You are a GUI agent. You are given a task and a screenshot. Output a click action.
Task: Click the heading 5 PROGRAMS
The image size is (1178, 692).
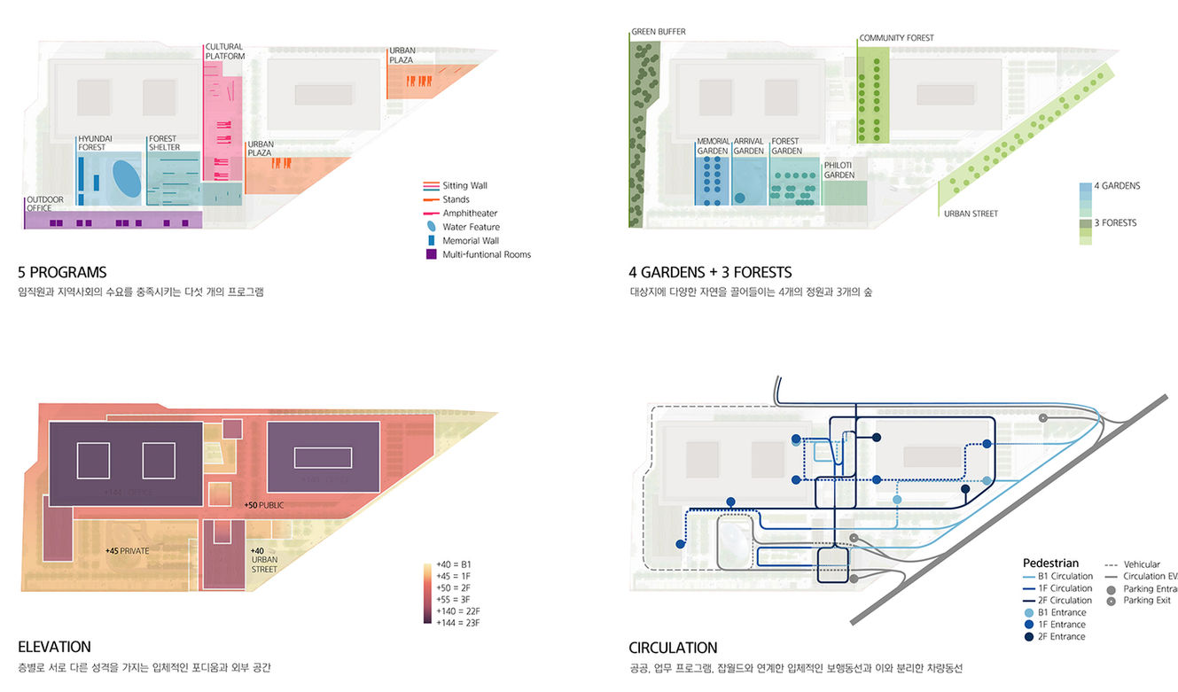tap(62, 273)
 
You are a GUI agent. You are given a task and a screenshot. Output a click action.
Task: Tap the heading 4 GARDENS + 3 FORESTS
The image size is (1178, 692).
tap(710, 273)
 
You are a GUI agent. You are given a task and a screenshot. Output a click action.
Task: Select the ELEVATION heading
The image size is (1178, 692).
tap(54, 648)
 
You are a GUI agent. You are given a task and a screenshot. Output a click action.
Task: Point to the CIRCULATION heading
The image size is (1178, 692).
tap(673, 648)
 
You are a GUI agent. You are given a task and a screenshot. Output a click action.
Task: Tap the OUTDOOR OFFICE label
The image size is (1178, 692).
tap(46, 204)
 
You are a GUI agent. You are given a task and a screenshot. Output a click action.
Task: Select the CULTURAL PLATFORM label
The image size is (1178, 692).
tap(225, 51)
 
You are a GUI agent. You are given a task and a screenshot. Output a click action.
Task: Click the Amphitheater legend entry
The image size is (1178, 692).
tap(469, 214)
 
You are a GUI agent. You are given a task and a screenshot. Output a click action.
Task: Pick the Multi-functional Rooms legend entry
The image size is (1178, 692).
tap(486, 255)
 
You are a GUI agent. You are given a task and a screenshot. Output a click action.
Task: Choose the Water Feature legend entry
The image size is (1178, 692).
tap(471, 228)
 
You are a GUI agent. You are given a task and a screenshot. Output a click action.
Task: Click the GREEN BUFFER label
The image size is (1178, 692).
tap(658, 32)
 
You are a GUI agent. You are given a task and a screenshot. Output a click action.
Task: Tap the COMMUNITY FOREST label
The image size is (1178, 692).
tap(896, 38)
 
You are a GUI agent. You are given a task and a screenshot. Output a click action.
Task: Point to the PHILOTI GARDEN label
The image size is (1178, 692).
tap(839, 170)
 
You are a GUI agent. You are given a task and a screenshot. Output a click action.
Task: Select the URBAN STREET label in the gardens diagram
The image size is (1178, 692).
tap(971, 214)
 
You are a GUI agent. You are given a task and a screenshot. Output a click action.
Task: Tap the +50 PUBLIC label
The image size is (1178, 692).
tap(265, 505)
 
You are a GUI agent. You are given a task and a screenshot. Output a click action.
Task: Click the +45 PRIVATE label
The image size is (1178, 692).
tap(127, 551)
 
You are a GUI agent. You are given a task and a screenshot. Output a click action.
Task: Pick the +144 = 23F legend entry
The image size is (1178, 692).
tap(457, 622)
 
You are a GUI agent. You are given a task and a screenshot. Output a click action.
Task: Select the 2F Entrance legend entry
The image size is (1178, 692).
tap(1061, 637)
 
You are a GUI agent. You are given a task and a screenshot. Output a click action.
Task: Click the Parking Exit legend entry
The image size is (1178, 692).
tap(1146, 601)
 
